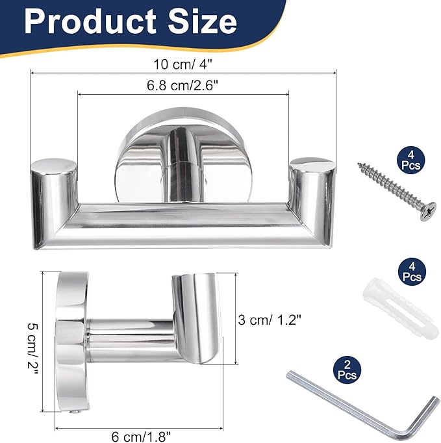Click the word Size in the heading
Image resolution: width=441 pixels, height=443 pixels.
coord(203,21)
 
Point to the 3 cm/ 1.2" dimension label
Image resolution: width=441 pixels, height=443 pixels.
coord(270,320)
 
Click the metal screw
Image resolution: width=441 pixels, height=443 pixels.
coord(396,189)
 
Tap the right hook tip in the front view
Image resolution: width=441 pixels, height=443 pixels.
coord(312,182)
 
